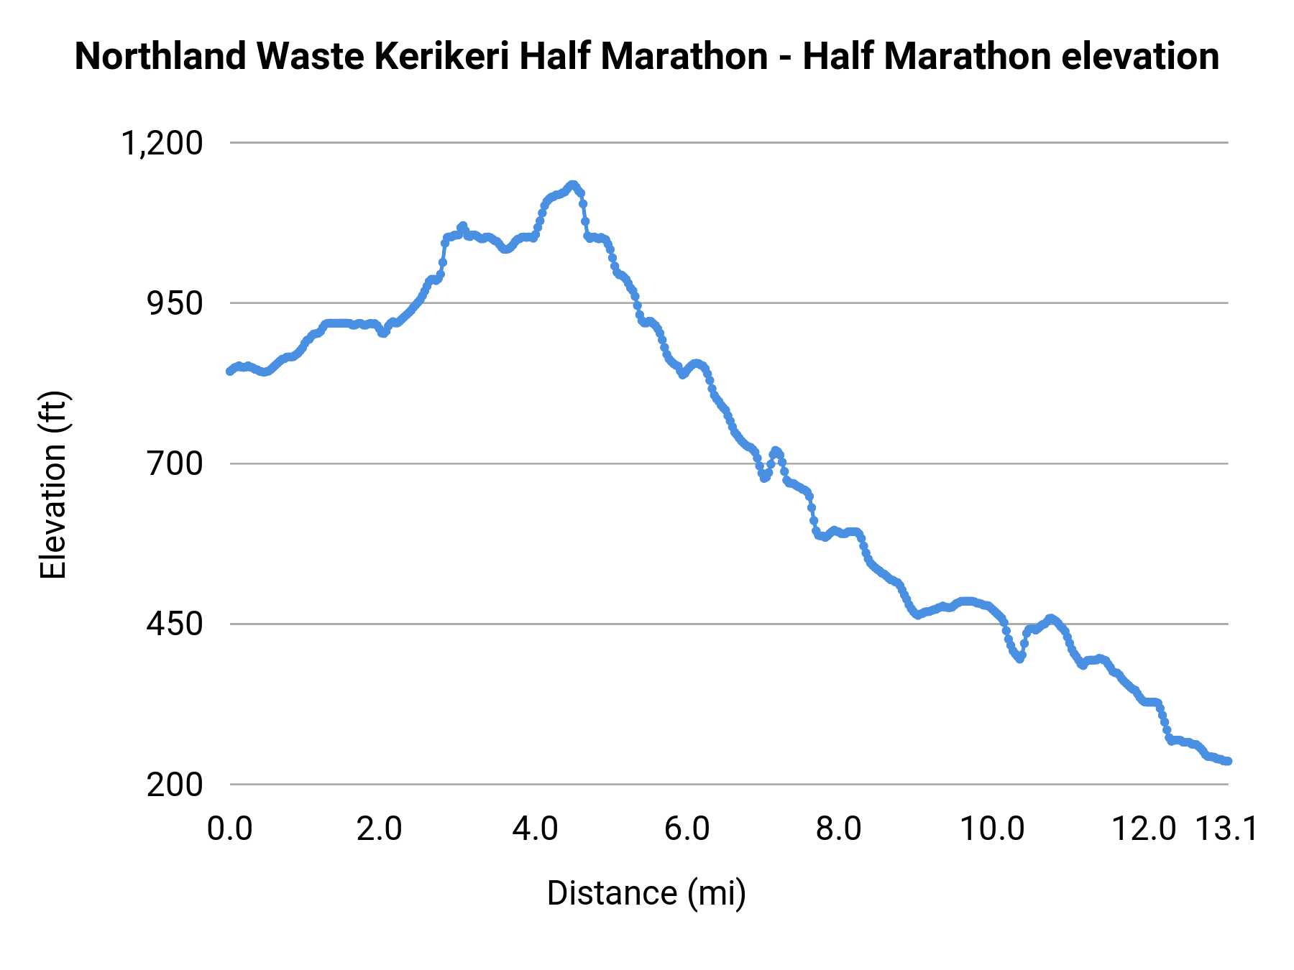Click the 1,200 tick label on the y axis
[162, 143]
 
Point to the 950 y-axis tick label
[175, 303]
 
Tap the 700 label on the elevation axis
[175, 463]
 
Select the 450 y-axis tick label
[175, 624]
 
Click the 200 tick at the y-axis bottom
[175, 784]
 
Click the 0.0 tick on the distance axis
[230, 829]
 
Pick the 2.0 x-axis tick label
[380, 829]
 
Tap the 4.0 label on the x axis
[535, 829]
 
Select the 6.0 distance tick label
[687, 829]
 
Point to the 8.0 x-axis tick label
[838, 829]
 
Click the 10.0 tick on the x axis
[993, 829]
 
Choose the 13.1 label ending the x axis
[1226, 829]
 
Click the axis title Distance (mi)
[646, 893]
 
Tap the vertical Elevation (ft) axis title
[53, 485]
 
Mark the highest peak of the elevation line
[572, 185]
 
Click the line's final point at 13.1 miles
[1228, 761]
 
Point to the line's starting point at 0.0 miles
[229, 371]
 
